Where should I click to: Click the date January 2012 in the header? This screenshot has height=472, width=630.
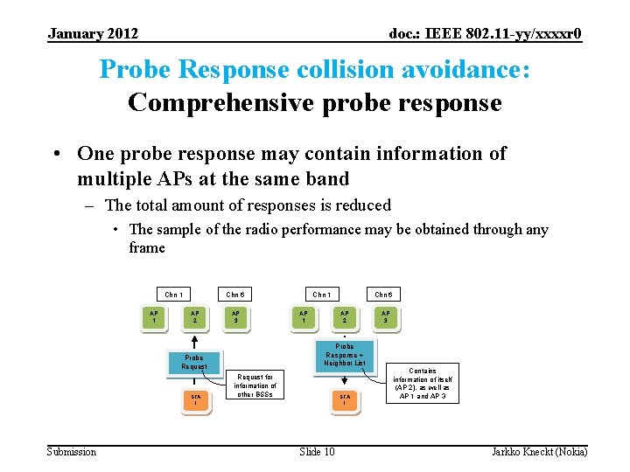pyautogui.click(x=93, y=34)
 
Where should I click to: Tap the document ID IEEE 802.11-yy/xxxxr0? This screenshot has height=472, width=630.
pyautogui.click(x=486, y=34)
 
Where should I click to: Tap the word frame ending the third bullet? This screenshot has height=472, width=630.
pyautogui.click(x=146, y=247)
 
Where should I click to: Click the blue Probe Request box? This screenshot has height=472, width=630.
pyautogui.click(x=194, y=363)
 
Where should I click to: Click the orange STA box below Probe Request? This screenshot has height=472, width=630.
pyautogui.click(x=195, y=399)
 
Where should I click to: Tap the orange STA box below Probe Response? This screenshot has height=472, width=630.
pyautogui.click(x=345, y=399)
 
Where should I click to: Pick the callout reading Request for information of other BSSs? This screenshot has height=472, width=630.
pyautogui.click(x=255, y=385)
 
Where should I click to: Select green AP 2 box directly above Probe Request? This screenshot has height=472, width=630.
pyautogui.click(x=195, y=316)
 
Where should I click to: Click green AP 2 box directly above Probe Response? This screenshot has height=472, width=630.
pyautogui.click(x=345, y=316)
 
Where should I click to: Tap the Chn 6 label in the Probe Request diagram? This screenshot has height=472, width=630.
pyautogui.click(x=234, y=295)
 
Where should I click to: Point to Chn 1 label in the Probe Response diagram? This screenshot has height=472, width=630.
pyautogui.click(x=321, y=295)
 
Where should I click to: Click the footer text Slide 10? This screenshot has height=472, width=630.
pyautogui.click(x=316, y=451)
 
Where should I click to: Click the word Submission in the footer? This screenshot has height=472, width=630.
pyautogui.click(x=72, y=451)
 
